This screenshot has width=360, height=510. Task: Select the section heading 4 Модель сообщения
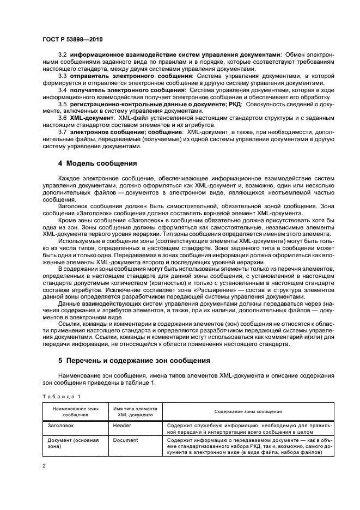click(x=97, y=163)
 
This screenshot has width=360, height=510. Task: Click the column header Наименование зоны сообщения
click(x=75, y=411)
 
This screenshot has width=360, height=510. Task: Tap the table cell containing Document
click(x=125, y=440)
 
